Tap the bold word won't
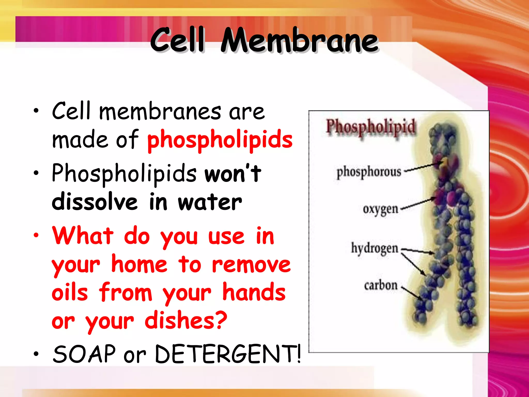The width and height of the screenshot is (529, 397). point(233,173)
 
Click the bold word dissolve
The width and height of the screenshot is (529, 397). point(95,202)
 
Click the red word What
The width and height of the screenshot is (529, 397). point(83,235)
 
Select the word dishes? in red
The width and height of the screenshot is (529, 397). point(186,321)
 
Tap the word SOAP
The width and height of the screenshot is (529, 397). point(84,354)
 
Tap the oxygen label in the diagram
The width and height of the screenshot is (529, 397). point(380,209)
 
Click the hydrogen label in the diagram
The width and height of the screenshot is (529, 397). point(374,248)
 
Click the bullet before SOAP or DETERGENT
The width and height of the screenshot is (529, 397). point(36,354)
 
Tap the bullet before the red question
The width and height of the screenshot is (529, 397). point(36,235)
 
